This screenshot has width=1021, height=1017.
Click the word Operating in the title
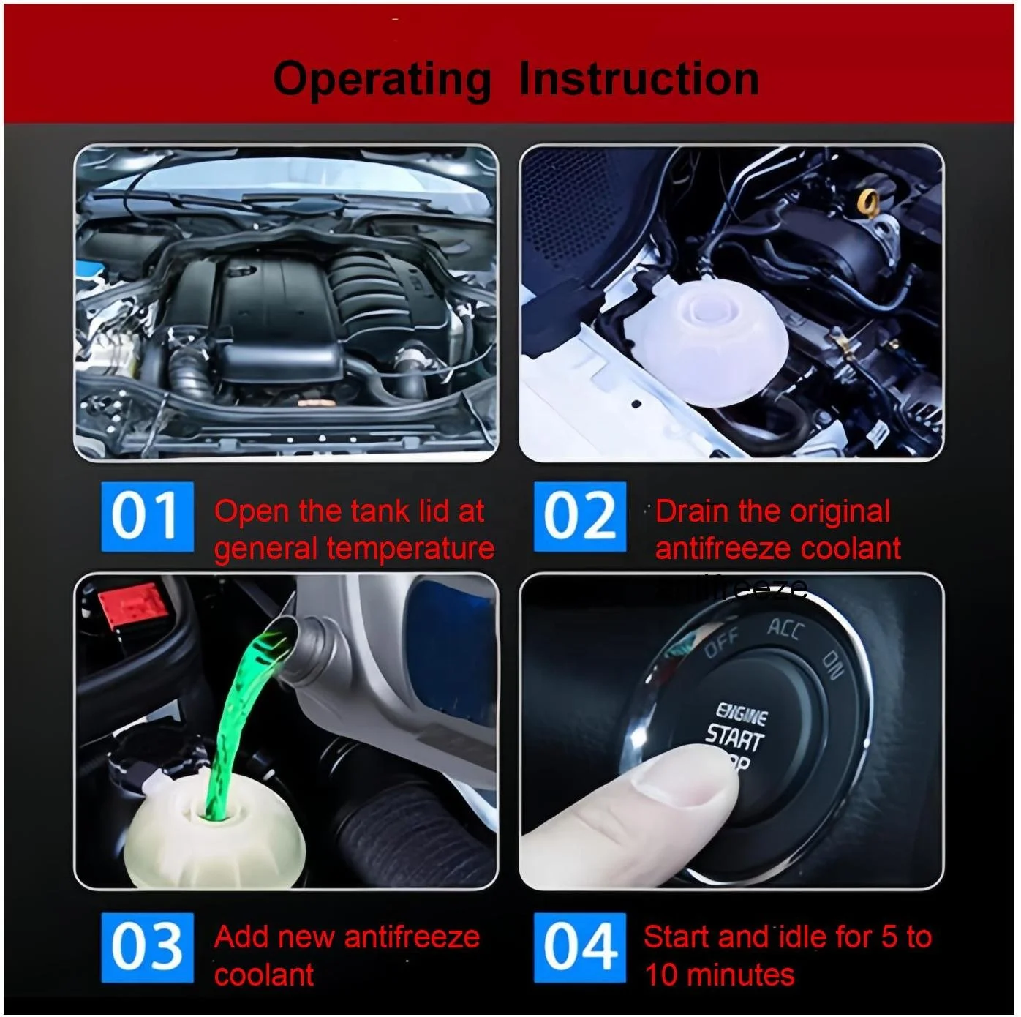[x=381, y=79]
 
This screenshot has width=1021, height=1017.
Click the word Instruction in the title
[x=638, y=79]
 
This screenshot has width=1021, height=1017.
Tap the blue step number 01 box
[x=147, y=517]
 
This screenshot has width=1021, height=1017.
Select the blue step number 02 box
[x=579, y=517]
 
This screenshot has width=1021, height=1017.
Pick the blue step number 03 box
[x=147, y=947]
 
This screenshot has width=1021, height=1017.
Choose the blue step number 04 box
[x=579, y=947]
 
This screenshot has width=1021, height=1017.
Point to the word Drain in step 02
[x=693, y=511]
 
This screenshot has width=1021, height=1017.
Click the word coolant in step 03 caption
[x=264, y=975]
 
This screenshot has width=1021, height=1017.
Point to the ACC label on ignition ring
[x=786, y=629]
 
